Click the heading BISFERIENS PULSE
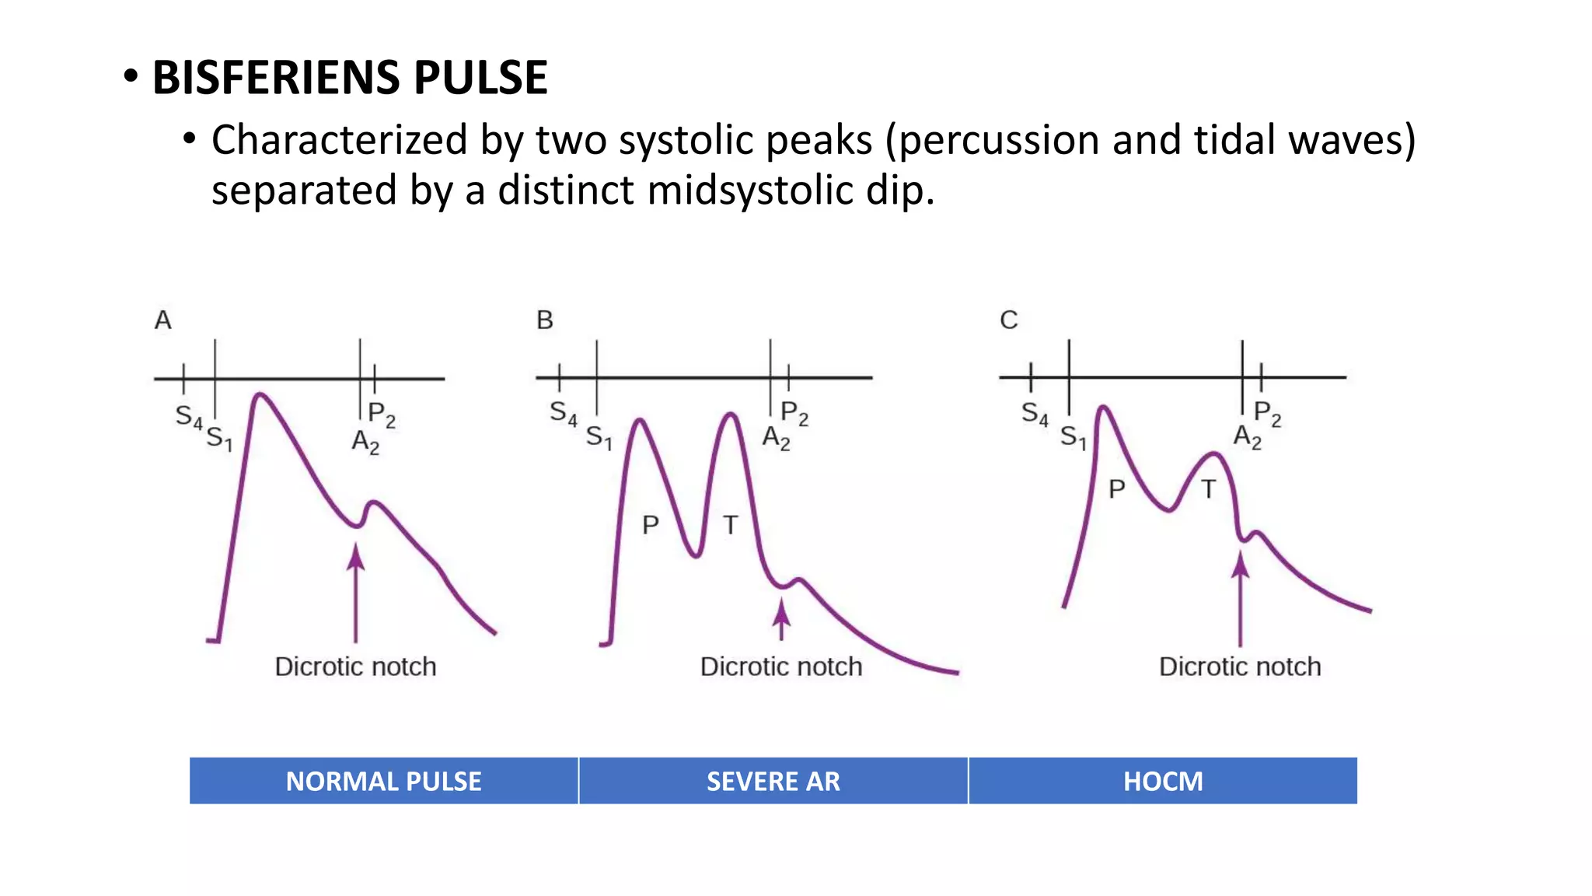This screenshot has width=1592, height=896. tap(350, 78)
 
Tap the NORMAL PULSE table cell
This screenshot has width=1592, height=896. tap(384, 781)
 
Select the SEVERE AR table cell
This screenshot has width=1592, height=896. tap(773, 781)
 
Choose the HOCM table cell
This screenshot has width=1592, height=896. tap(1163, 781)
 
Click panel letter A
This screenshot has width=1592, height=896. tap(162, 320)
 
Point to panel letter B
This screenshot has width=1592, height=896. tap(545, 320)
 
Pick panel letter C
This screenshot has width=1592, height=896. tap(1009, 320)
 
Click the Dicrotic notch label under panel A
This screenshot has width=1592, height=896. tap(355, 667)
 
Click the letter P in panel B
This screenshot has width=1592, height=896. tap(651, 525)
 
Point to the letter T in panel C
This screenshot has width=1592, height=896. tap(1208, 489)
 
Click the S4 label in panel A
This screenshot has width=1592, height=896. tap(188, 416)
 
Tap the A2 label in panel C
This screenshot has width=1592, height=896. tap(1247, 436)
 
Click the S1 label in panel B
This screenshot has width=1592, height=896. tap(599, 437)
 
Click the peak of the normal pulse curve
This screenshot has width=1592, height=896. tap(260, 395)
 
